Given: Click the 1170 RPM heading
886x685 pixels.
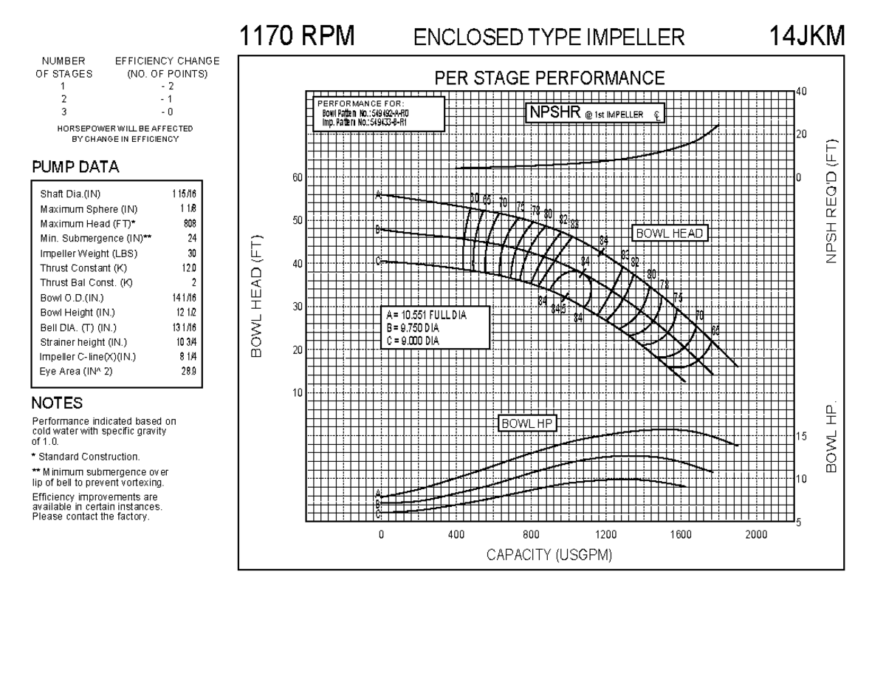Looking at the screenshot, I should (297, 35).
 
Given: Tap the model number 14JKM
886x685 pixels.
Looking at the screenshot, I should (806, 35).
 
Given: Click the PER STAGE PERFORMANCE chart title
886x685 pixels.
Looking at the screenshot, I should (549, 78).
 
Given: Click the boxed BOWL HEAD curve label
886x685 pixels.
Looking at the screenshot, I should (670, 234).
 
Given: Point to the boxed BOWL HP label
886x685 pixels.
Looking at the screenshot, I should (527, 423).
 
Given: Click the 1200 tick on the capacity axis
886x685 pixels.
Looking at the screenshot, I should (605, 534).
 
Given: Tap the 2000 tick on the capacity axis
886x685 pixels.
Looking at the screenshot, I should (755, 534).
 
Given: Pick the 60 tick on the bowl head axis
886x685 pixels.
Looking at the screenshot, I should (298, 177).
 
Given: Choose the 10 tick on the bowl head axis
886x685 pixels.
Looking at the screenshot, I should (298, 392).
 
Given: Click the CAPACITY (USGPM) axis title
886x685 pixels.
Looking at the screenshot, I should (549, 555).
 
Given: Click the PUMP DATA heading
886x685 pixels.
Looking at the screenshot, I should (75, 168).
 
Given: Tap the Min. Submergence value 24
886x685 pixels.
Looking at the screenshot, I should (191, 238).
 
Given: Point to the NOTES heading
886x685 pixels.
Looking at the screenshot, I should (57, 403).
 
